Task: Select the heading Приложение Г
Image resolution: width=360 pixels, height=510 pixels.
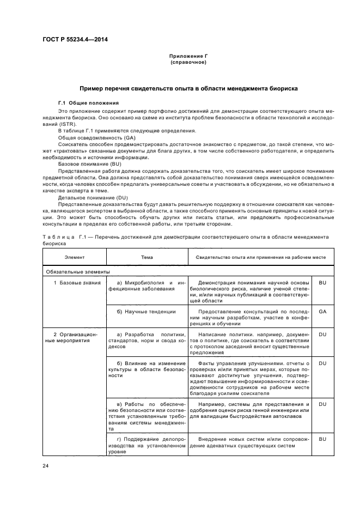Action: point(188,57)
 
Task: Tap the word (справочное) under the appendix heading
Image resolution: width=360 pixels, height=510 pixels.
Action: point(188,62)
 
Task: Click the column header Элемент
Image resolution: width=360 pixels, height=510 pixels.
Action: point(74,257)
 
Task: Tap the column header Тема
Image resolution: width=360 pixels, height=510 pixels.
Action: point(147,257)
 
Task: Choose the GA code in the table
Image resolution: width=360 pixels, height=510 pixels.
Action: point(322,312)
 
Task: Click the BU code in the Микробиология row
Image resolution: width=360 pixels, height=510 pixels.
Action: point(322,283)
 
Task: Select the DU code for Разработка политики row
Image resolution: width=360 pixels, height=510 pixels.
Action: point(322,334)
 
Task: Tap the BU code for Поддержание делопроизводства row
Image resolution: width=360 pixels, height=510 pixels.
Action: point(322,439)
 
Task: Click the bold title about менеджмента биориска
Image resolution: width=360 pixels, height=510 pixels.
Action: point(188,88)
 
